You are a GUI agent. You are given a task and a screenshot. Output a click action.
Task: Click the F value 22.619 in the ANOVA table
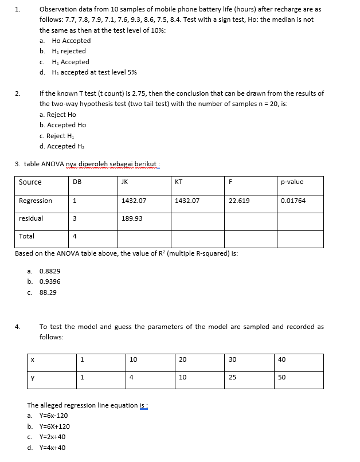tap(238, 201)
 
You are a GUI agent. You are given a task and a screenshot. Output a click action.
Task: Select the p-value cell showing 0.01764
tap(293, 201)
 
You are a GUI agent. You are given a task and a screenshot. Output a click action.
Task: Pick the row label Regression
tap(36, 201)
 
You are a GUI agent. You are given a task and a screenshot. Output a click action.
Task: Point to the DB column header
tap(77, 182)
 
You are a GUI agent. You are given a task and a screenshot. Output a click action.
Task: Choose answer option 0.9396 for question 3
tap(49, 281)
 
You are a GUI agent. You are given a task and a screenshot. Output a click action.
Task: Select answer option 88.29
tap(48, 292)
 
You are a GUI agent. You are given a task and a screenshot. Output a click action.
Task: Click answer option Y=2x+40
tap(52, 437)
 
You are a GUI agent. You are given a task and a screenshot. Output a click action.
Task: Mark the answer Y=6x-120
tap(53, 416)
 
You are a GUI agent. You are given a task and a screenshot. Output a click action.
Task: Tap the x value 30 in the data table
tap(232, 360)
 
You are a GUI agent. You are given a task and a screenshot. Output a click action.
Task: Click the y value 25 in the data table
tap(232, 377)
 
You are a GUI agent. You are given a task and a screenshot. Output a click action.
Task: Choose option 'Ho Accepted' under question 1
tap(71, 41)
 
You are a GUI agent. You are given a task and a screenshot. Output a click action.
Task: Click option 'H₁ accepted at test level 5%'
tap(94, 72)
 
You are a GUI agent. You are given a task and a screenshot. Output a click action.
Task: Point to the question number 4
tap(18, 327)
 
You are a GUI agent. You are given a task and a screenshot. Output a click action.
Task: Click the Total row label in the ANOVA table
tap(26, 236)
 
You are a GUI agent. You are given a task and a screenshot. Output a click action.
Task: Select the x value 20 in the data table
tap(182, 360)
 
